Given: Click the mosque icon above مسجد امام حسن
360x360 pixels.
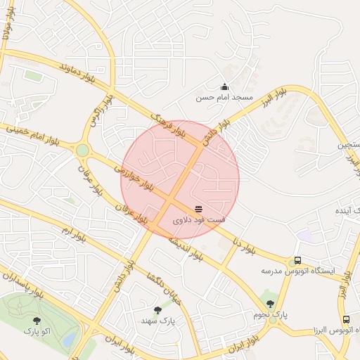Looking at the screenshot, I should point(224,86).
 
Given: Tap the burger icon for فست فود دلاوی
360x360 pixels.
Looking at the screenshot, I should point(198,208).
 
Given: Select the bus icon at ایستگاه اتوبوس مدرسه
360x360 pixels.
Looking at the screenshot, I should point(297,260).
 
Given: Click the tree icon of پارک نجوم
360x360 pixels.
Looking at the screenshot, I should point(270,304).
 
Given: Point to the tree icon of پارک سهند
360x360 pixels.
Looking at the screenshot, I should point(157,310).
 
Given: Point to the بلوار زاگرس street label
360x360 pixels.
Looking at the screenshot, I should point(98,112).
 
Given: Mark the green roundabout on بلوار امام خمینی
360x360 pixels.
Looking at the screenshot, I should point(83,150).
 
